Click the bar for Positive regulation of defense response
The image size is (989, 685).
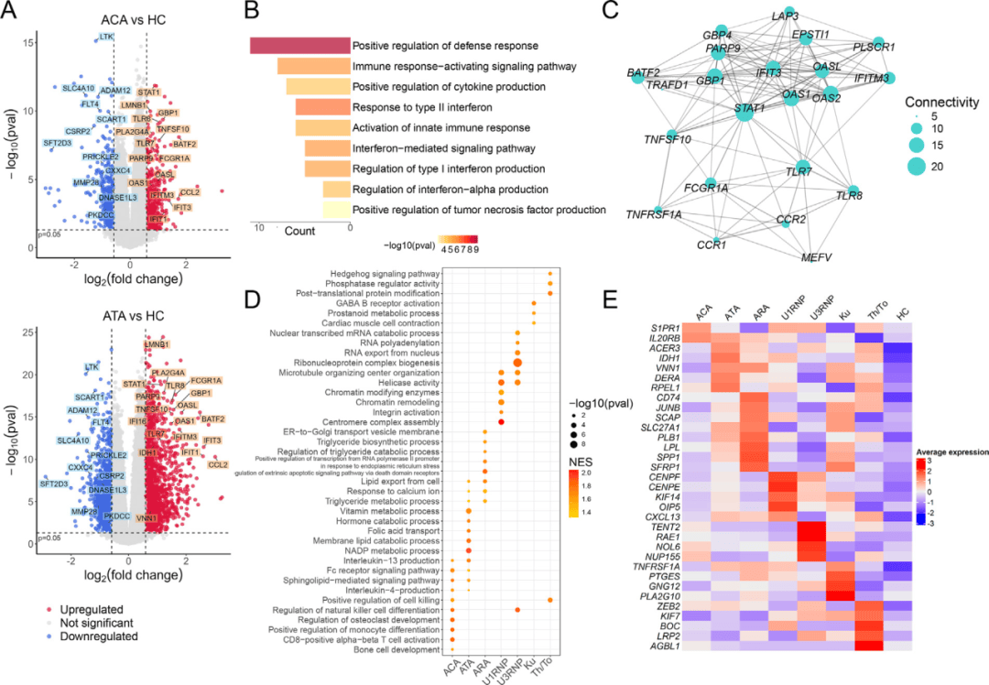click(x=300, y=46)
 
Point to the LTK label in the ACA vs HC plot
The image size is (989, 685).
click(x=107, y=38)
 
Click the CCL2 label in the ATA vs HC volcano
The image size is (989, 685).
click(x=218, y=464)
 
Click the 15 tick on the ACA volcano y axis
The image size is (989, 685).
click(x=30, y=42)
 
